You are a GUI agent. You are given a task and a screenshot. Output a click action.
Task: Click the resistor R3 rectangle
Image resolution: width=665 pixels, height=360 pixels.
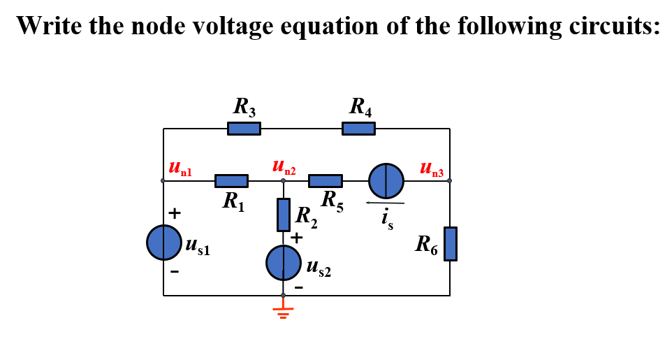(244, 129)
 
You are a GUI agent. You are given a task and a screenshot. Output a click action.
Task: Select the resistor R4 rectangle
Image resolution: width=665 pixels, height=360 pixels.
(358, 129)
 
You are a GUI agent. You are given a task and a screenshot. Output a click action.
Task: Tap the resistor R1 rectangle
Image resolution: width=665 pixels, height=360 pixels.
(231, 181)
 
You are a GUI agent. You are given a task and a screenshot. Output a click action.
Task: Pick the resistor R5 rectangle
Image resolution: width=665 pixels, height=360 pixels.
(326, 181)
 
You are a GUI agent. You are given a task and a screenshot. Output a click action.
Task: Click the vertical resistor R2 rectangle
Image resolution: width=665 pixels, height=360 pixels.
(284, 215)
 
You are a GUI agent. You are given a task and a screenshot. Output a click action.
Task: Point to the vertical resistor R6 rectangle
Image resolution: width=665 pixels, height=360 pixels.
(451, 244)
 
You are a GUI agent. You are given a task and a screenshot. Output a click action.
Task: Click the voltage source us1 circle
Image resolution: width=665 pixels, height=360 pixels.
(163, 243)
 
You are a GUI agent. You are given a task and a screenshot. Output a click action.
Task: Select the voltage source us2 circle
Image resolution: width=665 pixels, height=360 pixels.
(283, 263)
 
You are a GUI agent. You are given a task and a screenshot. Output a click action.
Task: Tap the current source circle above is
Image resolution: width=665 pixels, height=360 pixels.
(386, 181)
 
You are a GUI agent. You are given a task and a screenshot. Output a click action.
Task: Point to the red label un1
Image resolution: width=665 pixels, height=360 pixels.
(180, 168)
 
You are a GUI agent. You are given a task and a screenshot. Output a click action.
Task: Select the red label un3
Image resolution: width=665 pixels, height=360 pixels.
(432, 168)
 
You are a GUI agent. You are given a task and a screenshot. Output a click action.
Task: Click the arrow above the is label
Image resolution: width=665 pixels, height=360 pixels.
(384, 203)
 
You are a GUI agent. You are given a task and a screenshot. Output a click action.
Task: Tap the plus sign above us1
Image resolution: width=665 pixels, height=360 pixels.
(175, 212)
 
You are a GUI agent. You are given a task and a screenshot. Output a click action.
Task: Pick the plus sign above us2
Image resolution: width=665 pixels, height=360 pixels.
(297, 238)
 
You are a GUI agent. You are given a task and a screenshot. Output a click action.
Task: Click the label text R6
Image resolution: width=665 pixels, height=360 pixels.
(427, 245)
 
